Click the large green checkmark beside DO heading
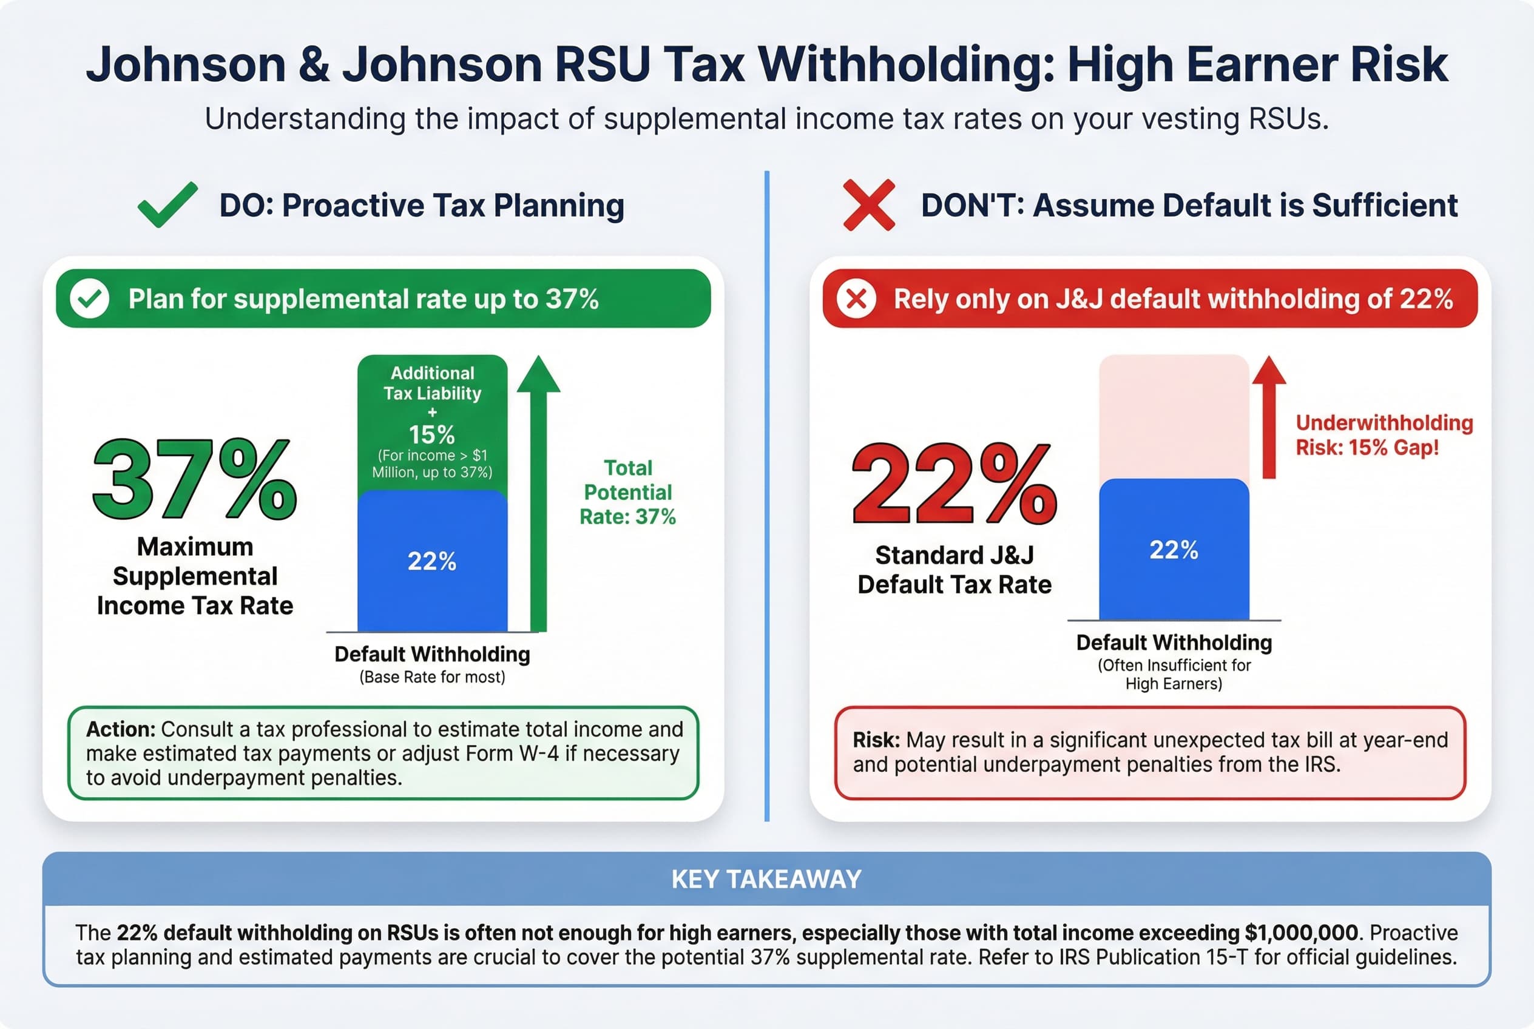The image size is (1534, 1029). pos(167,206)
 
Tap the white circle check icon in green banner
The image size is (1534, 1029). pos(90,299)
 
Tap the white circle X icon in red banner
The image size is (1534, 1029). pos(856,299)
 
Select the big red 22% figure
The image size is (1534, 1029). pos(954,484)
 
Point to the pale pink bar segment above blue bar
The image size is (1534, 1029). pos(1174,417)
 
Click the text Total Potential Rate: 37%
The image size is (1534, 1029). pos(627,492)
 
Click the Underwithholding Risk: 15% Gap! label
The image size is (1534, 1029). pos(1384,435)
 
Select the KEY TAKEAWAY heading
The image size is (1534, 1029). pos(766,879)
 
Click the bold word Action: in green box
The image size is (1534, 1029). pos(121,729)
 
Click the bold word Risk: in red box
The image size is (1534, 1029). pos(876,740)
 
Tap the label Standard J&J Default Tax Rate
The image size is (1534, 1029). pos(955,570)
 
